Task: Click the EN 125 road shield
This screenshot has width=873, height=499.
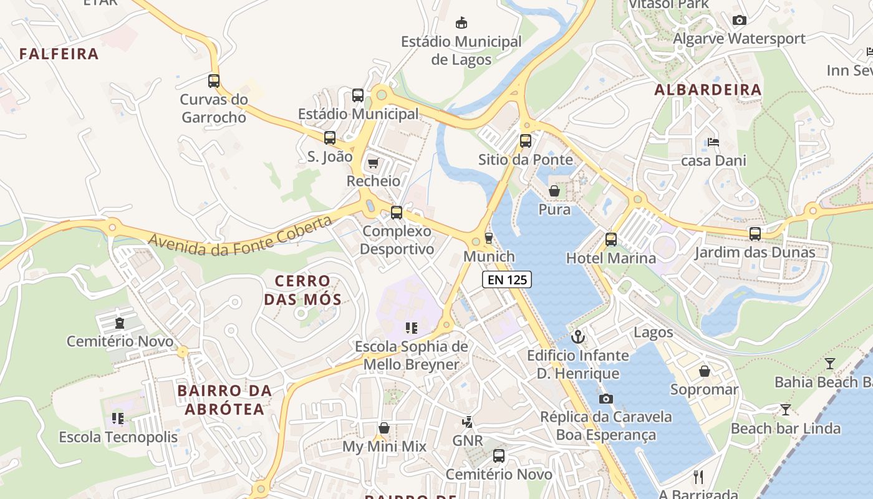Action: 507,280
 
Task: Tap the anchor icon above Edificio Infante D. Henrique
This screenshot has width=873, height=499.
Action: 578,337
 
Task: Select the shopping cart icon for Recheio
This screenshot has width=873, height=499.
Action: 373,163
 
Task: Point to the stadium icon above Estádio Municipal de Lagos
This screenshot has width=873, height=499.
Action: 461,23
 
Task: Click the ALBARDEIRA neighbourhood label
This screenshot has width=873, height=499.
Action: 708,90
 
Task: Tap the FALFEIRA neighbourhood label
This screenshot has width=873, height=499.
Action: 59,54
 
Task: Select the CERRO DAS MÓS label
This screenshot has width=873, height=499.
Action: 302,290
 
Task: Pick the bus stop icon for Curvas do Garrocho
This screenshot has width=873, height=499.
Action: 214,80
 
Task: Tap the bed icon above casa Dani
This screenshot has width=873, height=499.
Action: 713,142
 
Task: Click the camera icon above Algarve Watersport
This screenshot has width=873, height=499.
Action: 740,20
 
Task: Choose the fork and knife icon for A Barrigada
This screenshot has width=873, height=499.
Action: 698,477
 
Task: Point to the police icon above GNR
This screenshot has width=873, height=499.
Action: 467,422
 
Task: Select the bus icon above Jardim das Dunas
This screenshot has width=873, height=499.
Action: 755,234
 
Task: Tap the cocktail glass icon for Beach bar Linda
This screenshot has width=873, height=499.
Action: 785,410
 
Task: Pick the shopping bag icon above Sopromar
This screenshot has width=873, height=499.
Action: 704,371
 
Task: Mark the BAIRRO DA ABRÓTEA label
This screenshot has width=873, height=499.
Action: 224,400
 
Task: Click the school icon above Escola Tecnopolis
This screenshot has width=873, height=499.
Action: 118,418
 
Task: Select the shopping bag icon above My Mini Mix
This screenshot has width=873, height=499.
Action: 384,428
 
